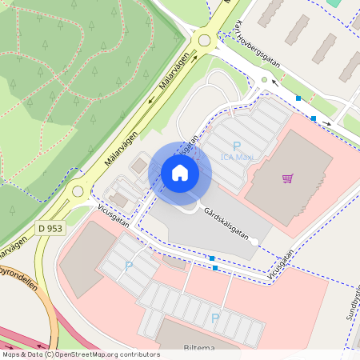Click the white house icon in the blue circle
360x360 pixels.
180,172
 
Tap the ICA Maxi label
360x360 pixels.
237,157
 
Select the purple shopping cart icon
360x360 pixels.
287,178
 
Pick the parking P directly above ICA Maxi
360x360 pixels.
236,145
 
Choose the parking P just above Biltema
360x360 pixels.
214,318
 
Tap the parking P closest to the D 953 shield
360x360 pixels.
129,266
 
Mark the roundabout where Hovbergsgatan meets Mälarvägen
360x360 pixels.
203,39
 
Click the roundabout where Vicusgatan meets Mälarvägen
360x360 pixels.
78,190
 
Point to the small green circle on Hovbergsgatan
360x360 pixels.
264,80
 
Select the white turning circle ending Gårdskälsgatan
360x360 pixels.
254,241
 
